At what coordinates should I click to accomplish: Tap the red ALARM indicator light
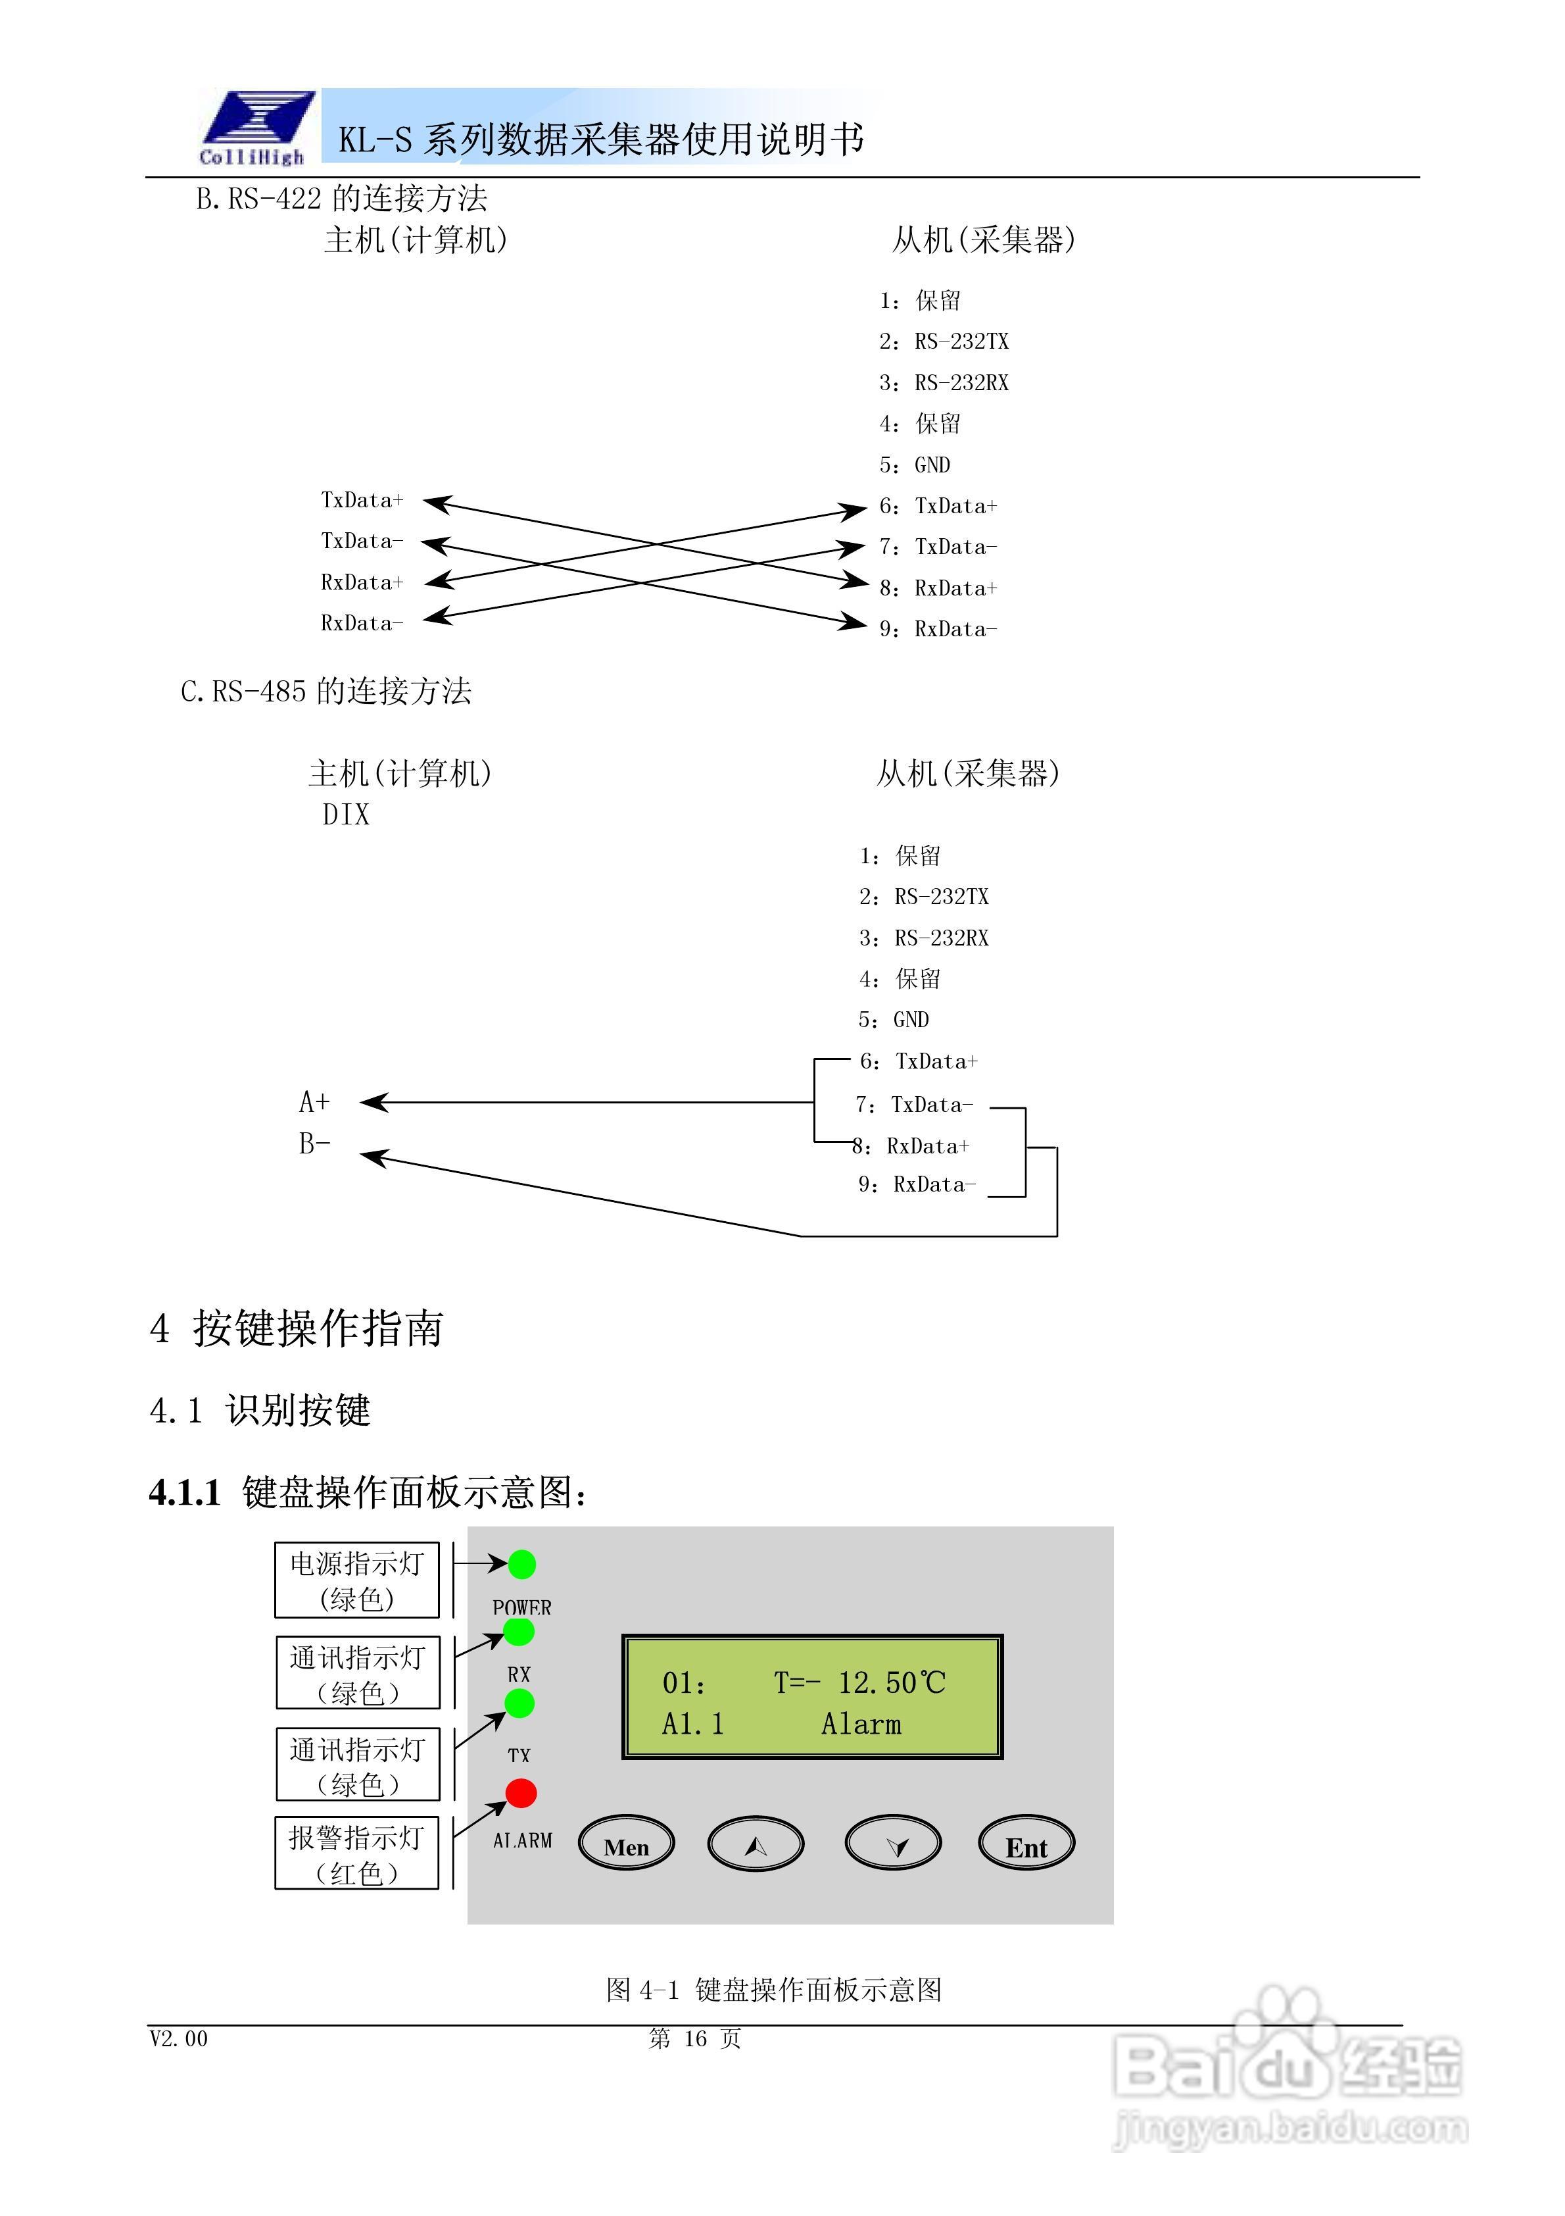click(521, 1792)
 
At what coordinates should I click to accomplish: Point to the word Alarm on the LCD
click(861, 1724)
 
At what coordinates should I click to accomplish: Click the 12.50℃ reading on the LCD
click(890, 1683)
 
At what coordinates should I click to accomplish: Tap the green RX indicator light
click(519, 1632)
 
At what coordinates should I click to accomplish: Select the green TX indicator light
click(519, 1703)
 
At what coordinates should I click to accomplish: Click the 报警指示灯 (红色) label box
click(357, 1853)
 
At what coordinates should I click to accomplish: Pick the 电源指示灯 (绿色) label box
click(357, 1580)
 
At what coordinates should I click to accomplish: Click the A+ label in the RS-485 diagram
click(314, 1101)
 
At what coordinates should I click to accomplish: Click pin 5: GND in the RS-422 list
click(915, 465)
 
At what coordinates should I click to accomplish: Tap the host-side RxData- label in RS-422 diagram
click(362, 624)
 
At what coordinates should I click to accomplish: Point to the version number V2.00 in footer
click(178, 2038)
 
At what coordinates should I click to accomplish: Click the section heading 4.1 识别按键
click(260, 1410)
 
